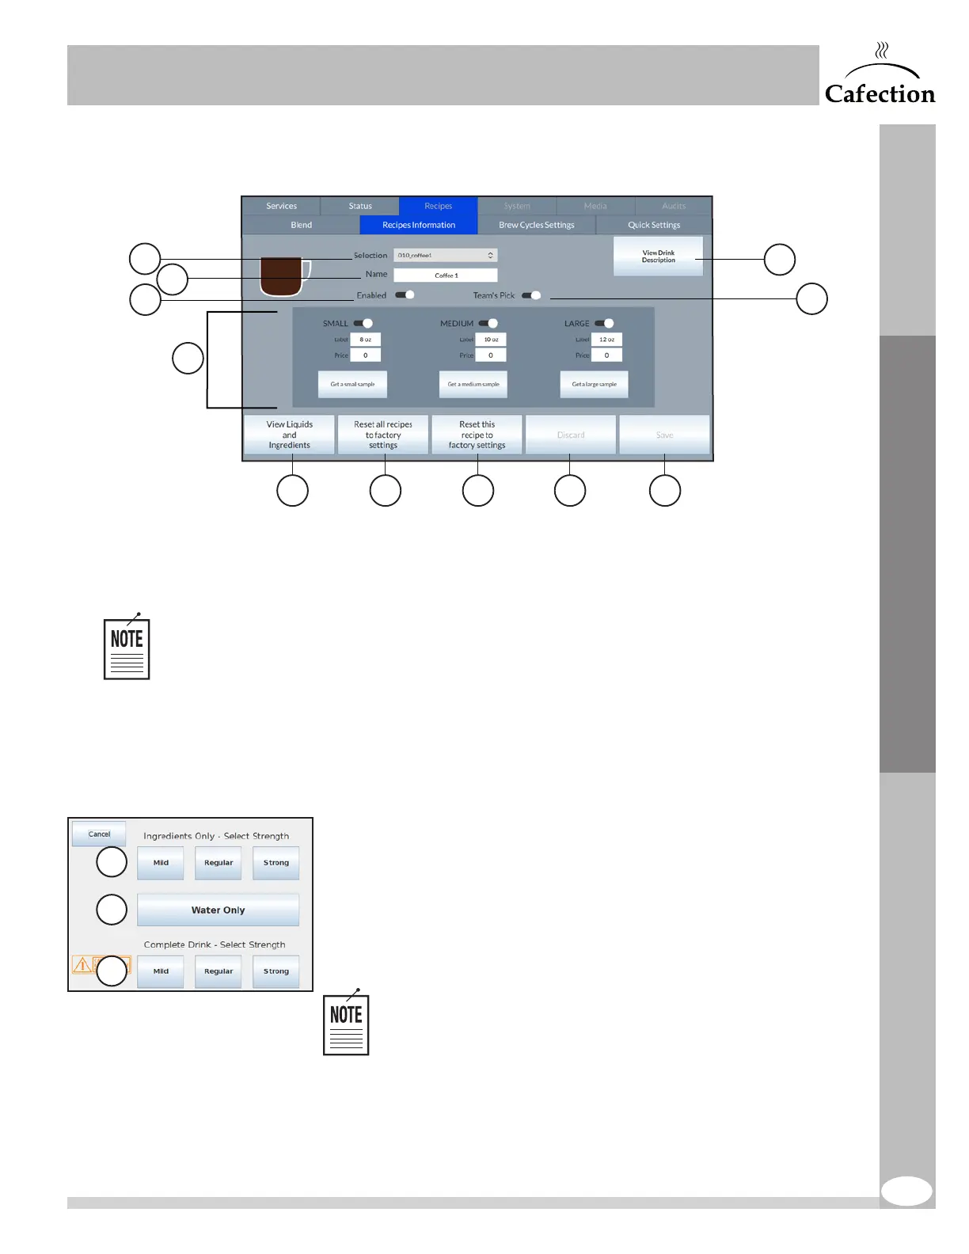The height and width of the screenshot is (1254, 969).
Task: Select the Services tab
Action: click(281, 206)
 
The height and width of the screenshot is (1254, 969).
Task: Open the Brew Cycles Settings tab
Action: click(536, 225)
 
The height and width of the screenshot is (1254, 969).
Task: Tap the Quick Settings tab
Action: click(654, 225)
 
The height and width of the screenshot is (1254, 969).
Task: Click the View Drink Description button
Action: click(658, 256)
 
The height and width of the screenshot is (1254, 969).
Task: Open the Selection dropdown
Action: click(446, 255)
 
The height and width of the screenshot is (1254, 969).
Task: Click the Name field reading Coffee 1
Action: click(446, 275)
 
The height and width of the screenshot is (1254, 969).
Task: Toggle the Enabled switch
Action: click(405, 295)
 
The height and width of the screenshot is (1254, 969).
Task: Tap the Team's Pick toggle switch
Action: click(532, 295)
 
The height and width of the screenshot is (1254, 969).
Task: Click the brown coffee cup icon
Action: click(283, 277)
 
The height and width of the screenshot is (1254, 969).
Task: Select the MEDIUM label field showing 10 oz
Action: click(491, 340)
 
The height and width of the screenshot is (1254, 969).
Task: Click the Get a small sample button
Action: click(352, 384)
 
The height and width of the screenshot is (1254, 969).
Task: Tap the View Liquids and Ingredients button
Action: click(289, 435)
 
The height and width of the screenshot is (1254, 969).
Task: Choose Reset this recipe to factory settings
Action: click(477, 435)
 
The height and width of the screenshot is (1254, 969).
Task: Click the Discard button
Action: click(570, 435)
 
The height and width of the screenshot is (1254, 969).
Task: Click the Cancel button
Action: click(99, 834)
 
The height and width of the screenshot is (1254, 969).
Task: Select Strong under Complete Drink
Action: click(275, 971)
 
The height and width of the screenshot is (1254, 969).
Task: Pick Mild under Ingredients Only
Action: click(161, 863)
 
